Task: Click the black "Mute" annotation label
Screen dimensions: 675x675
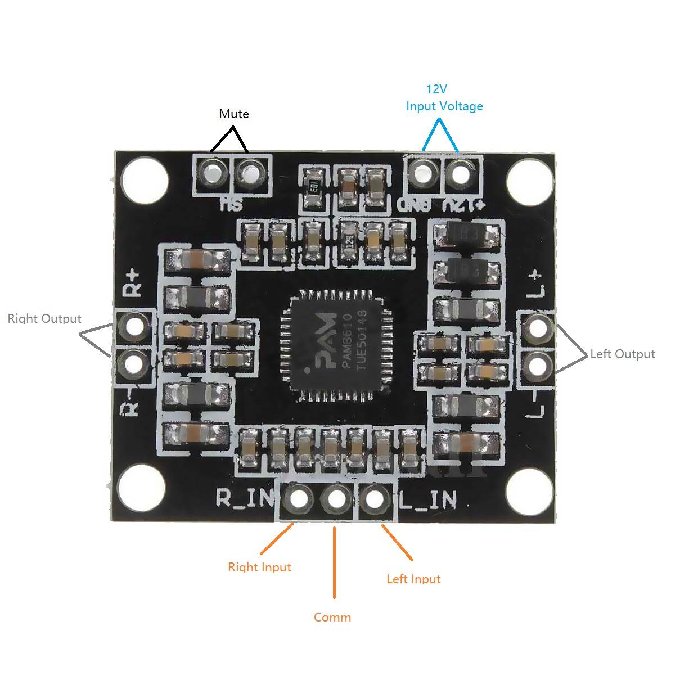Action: (x=233, y=114)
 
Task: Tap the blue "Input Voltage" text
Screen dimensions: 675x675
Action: (x=444, y=106)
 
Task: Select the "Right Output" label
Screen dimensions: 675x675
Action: (x=44, y=318)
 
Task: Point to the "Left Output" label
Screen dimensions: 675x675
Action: (x=622, y=354)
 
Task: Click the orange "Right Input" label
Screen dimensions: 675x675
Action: (x=259, y=567)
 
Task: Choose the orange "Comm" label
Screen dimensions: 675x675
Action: (x=332, y=617)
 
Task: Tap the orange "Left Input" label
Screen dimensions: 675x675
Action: (x=413, y=579)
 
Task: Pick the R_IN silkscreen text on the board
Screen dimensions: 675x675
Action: (x=245, y=498)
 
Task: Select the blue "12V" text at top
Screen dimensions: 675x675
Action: (x=436, y=89)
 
